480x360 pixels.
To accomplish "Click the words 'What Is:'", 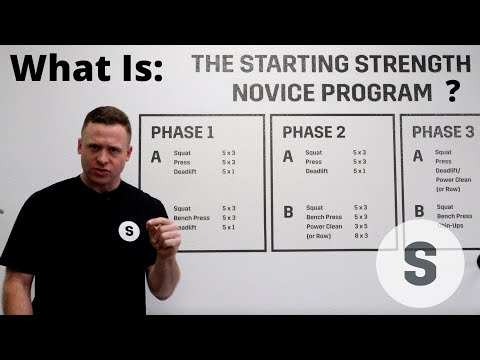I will tap(85, 69).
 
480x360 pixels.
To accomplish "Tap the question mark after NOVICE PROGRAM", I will tap(453, 93).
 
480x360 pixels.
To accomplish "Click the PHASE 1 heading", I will tap(183, 132).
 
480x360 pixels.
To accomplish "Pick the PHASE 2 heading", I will tap(314, 132).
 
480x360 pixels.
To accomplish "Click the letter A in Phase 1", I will tap(155, 157).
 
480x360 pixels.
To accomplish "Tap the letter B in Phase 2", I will tap(288, 212).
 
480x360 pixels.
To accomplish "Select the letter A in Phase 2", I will tap(288, 157).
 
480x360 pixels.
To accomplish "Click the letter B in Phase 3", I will tap(419, 211).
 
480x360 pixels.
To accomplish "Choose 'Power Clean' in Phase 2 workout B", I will tap(326, 227).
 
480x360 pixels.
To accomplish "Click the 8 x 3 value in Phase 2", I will tap(361, 236).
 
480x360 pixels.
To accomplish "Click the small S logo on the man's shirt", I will tap(129, 231).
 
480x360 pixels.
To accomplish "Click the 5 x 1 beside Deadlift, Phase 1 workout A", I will tap(229, 171).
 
